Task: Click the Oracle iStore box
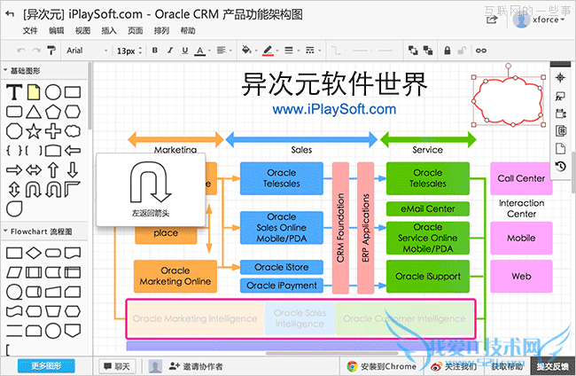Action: tap(281, 267)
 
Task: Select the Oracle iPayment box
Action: tap(281, 286)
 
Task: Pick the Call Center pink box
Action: tap(521, 178)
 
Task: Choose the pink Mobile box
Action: tap(521, 238)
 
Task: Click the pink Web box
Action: tap(521, 277)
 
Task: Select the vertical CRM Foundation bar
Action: tap(340, 226)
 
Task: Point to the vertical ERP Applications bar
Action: tap(364, 226)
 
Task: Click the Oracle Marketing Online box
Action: tap(175, 276)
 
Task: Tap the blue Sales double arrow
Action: tap(301, 138)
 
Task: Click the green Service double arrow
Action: tap(428, 138)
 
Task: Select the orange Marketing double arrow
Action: tap(175, 138)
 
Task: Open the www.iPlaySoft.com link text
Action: tap(334, 110)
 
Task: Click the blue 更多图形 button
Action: tap(46, 365)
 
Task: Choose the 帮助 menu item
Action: tap(188, 30)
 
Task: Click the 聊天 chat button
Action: tap(116, 365)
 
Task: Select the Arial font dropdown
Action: tap(84, 51)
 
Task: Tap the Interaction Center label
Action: tap(521, 208)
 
